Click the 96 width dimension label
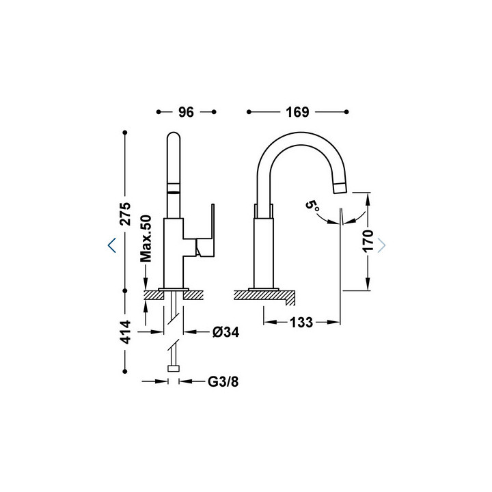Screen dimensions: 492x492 pos(186,112)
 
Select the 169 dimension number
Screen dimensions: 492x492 pos(297,112)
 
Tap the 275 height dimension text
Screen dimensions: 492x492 pos(126,214)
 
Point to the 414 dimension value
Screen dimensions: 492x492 pos(126,332)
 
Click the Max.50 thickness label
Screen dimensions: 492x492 pos(146,238)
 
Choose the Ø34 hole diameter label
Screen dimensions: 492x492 pos(225,332)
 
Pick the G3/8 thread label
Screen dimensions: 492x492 pos(223,382)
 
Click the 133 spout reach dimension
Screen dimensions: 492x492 pos(301,323)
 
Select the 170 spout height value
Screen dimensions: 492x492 pos(368,241)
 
